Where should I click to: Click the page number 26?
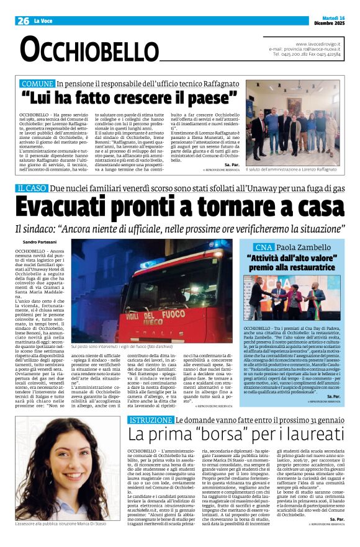click(24, 21)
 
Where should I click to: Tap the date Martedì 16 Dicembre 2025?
click(326, 20)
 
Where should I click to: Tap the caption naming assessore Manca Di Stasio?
click(68, 541)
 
